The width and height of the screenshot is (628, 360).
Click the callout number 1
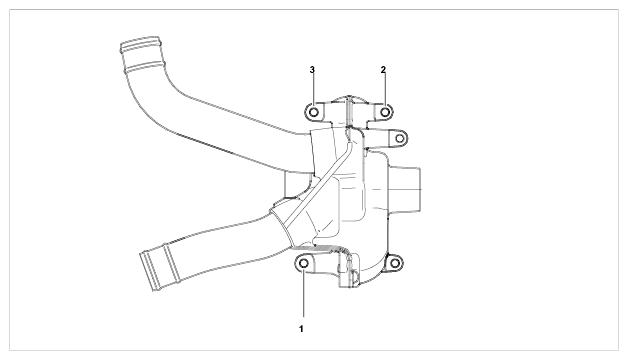click(301, 329)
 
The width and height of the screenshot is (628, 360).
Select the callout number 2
click(383, 70)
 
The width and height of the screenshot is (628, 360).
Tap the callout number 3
click(312, 70)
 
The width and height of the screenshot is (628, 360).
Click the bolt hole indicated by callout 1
click(304, 263)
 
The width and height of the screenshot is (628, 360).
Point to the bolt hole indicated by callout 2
click(385, 112)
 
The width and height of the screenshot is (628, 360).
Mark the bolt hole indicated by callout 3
click(314, 112)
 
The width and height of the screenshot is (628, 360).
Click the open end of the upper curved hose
click(140, 46)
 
